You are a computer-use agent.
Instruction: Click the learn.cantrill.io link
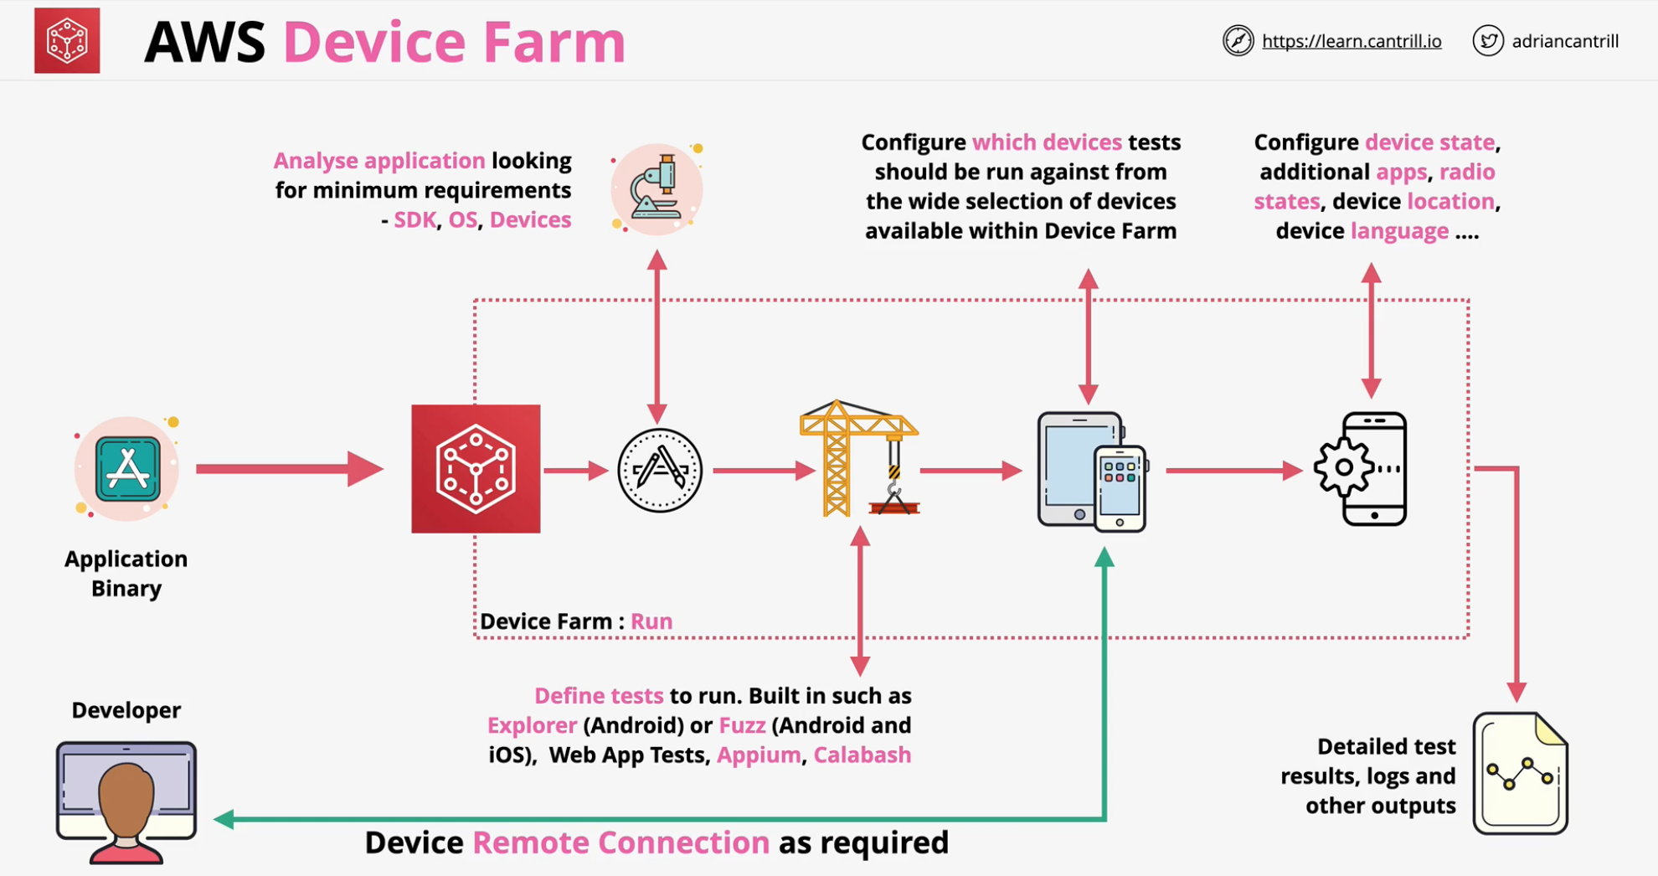[1351, 41]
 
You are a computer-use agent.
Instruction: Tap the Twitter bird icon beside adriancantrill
[1487, 41]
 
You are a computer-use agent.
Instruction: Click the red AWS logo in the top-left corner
[67, 41]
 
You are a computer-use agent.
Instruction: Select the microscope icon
[657, 189]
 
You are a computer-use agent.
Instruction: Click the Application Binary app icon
[127, 470]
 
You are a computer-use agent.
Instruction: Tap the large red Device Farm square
[476, 469]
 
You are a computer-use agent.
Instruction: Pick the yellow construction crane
[858, 459]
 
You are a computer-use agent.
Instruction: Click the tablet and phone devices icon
[1091, 471]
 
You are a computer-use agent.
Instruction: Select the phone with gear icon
[1362, 469]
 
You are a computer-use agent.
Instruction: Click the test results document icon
[1520, 774]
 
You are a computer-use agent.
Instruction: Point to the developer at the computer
[126, 801]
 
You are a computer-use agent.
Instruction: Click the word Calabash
[862, 755]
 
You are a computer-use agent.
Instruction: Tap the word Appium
[759, 755]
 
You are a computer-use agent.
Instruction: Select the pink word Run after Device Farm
[651, 621]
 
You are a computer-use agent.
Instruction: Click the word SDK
[414, 219]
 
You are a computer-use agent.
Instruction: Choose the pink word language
[1399, 231]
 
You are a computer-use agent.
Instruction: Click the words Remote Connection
[620, 843]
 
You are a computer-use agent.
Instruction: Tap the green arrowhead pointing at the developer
[224, 819]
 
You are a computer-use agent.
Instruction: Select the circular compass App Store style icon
[660, 471]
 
